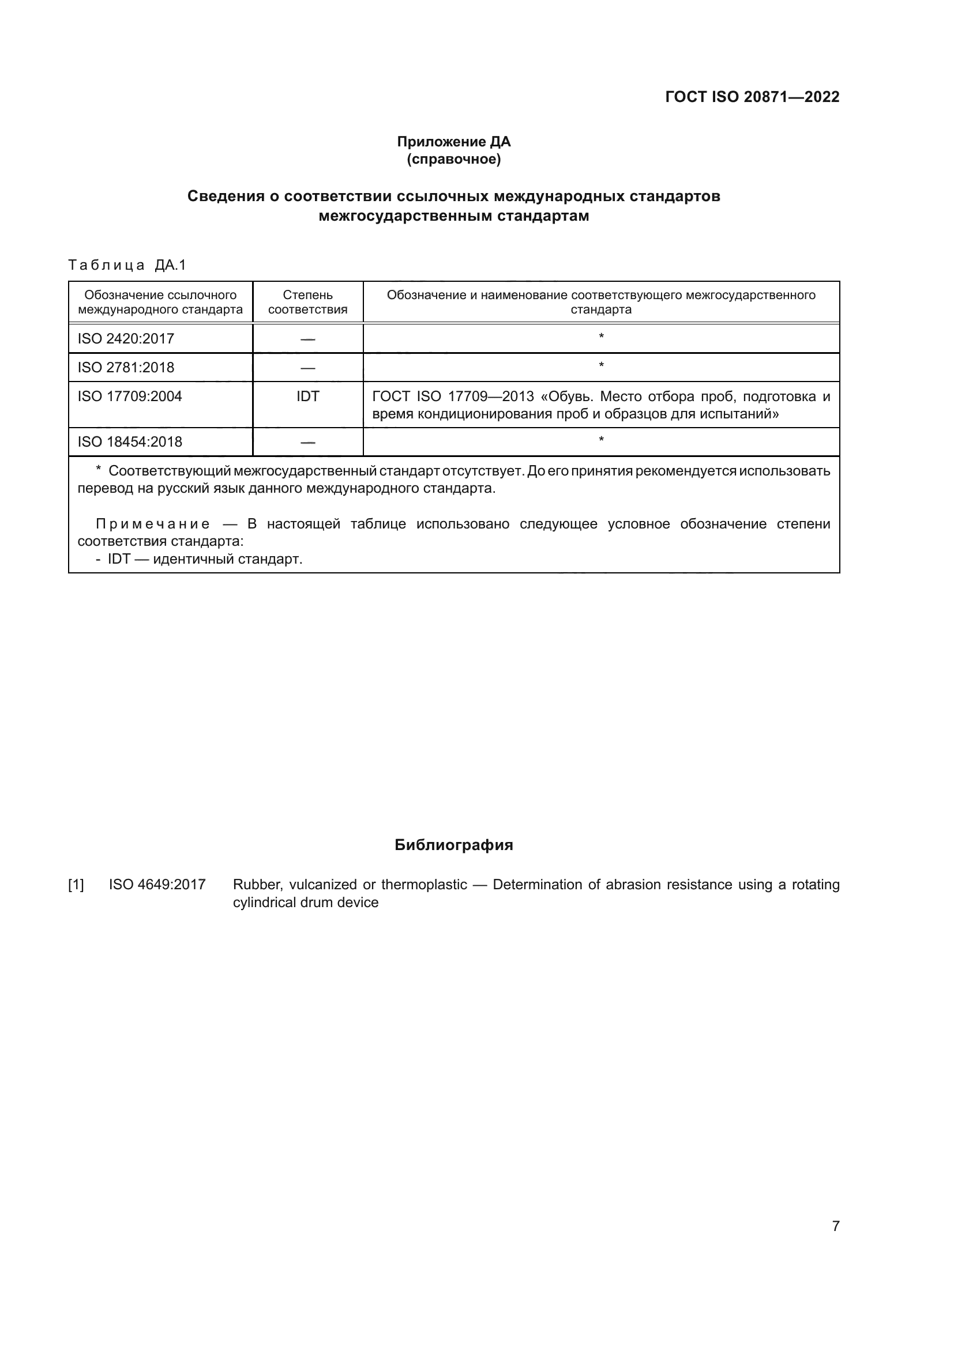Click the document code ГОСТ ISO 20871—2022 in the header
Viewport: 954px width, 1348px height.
[752, 97]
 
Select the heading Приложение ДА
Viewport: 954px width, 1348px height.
[453, 142]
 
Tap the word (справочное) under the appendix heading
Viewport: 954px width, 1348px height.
[453, 159]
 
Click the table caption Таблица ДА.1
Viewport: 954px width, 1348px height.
[127, 265]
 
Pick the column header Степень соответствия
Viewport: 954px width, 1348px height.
[307, 302]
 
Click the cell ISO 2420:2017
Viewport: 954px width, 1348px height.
[126, 339]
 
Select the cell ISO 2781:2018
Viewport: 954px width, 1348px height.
[126, 368]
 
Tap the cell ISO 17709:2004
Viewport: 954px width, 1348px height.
[130, 397]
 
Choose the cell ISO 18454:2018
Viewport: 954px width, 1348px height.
[130, 441]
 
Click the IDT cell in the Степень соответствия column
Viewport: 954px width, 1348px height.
[307, 397]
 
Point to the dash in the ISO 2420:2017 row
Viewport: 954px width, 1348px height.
[307, 339]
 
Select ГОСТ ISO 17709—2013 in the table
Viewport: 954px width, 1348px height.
[453, 397]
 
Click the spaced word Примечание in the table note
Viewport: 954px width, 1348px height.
[153, 524]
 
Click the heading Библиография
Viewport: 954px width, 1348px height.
[453, 845]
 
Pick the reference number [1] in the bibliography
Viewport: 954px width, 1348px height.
[76, 885]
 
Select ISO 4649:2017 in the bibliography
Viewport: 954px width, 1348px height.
[157, 885]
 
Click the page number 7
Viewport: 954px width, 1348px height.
[836, 1226]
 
